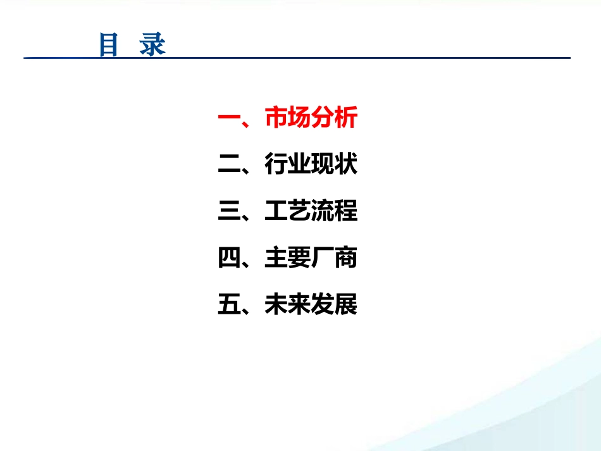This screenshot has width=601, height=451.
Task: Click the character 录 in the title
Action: click(x=153, y=45)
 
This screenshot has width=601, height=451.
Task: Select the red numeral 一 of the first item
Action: click(x=228, y=119)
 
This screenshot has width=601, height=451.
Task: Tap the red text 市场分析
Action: click(x=311, y=119)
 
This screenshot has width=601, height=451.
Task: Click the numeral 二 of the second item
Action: click(x=228, y=166)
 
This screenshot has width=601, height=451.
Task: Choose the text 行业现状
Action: click(x=311, y=166)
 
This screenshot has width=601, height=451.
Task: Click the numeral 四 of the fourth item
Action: click(x=228, y=259)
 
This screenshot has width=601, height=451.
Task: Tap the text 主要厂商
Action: click(x=311, y=259)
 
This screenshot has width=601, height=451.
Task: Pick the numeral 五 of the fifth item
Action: click(x=228, y=306)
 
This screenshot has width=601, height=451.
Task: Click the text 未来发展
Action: click(x=311, y=306)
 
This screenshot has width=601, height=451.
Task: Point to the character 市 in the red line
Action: click(x=276, y=119)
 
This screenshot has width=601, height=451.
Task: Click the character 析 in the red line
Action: click(x=346, y=119)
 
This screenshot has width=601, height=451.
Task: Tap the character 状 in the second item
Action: click(x=346, y=166)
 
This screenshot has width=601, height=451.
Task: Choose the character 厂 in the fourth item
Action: click(x=323, y=259)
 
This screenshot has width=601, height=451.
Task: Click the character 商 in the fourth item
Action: click(x=346, y=259)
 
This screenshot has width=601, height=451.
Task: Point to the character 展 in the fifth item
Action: click(x=346, y=306)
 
